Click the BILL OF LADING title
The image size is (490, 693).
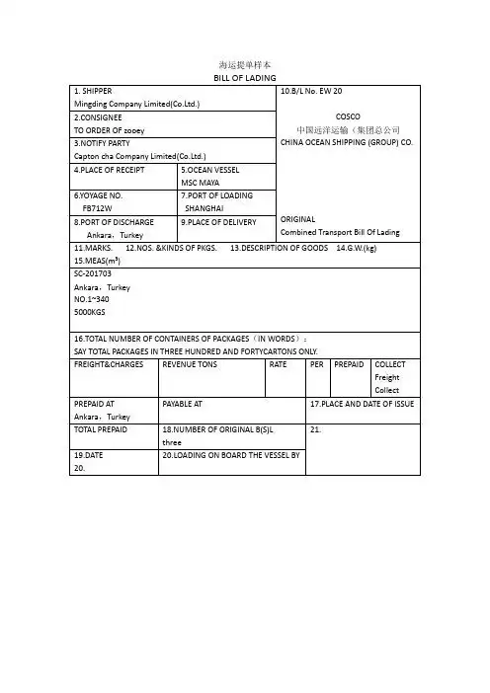(x=244, y=78)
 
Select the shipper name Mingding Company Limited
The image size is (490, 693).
(x=137, y=104)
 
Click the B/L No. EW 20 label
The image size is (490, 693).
(x=311, y=91)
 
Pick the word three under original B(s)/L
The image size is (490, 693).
(x=172, y=445)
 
